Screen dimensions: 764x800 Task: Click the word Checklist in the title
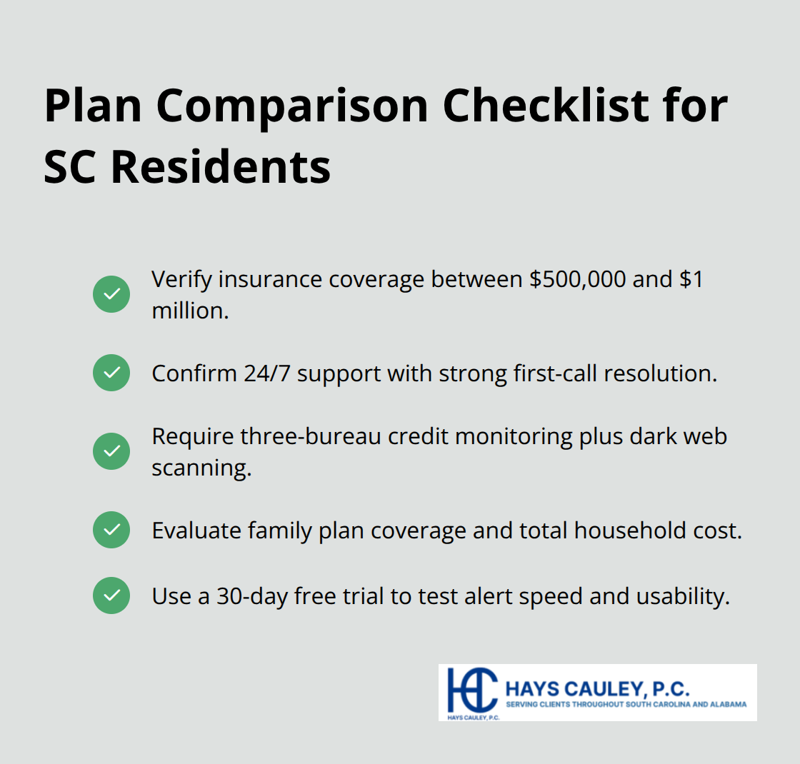tap(549, 106)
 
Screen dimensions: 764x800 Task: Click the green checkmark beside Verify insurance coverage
tap(111, 294)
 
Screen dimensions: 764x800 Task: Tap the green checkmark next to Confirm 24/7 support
tap(111, 373)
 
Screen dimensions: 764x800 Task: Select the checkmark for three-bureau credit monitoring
tap(111, 451)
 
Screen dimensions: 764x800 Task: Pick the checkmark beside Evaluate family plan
tap(111, 530)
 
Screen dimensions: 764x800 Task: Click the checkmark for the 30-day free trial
tap(111, 595)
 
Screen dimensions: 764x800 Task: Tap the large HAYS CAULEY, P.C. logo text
tap(597, 689)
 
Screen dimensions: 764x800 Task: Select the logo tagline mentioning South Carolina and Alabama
tap(626, 704)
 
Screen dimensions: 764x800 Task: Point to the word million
tap(189, 311)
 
